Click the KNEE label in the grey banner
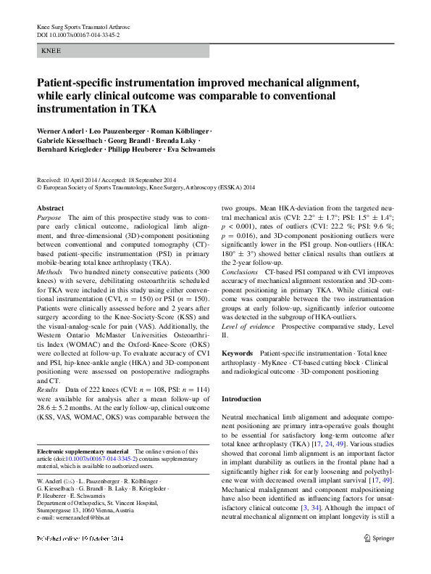click(51, 52)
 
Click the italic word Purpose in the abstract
click(49, 218)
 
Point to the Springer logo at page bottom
click(379, 558)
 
